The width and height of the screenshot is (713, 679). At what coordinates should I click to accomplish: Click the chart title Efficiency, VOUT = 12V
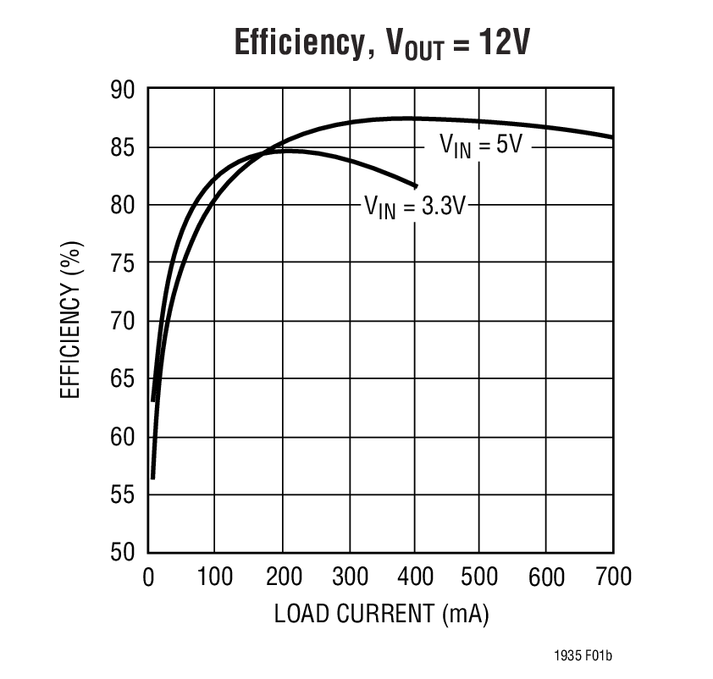pyautogui.click(x=381, y=42)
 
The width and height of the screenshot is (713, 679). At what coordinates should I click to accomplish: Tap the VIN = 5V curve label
pyautogui.click(x=479, y=145)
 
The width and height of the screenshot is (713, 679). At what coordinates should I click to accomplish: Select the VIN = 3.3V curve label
pyautogui.click(x=415, y=206)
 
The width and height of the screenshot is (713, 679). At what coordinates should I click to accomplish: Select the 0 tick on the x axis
pyautogui.click(x=148, y=577)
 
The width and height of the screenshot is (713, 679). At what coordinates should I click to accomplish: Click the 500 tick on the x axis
pyautogui.click(x=479, y=577)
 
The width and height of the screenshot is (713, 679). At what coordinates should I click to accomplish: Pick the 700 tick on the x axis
pyautogui.click(x=611, y=577)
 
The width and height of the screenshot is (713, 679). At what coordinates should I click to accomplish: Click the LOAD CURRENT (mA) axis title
pyautogui.click(x=381, y=614)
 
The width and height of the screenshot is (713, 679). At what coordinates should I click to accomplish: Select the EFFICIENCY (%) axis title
pyautogui.click(x=72, y=321)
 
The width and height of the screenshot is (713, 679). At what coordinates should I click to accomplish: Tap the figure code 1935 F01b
pyautogui.click(x=583, y=656)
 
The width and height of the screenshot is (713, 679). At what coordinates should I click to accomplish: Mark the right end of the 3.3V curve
pyautogui.click(x=416, y=185)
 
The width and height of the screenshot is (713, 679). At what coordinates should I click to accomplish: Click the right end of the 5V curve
pyautogui.click(x=611, y=137)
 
